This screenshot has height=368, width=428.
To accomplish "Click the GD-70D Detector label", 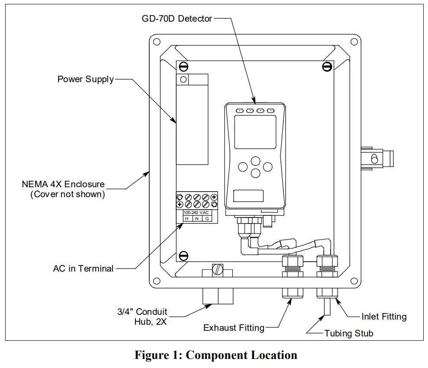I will pos(177,19).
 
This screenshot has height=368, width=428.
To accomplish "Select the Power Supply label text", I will pos(86,79).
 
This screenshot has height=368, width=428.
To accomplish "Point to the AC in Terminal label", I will pos(83,269).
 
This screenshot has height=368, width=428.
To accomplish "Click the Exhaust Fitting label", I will pos(234,328).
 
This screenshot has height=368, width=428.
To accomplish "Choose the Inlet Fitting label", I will pos(384,317).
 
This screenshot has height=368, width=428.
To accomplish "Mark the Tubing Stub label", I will pos(348,333).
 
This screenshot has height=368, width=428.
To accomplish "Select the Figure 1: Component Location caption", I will pos(216,355).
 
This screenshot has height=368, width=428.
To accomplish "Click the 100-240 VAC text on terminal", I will pos(196,213).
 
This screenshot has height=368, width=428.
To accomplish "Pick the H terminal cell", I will pos(187,219).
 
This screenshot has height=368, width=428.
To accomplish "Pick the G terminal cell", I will pos(207,219).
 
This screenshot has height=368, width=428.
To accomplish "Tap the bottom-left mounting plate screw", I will pos(183,255).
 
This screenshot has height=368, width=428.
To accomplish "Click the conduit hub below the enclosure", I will pos(218,297).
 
